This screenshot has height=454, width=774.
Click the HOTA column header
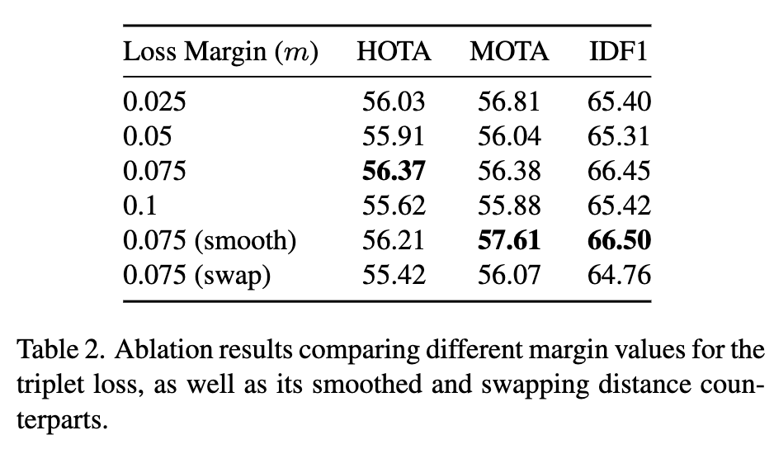point(394,52)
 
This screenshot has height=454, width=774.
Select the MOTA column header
point(508,52)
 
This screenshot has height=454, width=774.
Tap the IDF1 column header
point(619,52)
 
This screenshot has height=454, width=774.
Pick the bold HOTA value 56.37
point(394,171)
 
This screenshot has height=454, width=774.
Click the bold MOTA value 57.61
point(508,240)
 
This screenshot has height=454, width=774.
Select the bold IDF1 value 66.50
point(619,240)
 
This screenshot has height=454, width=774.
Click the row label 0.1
point(141,206)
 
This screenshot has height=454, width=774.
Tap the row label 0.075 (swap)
point(197,275)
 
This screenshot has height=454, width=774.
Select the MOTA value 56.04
point(508,136)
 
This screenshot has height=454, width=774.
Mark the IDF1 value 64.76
point(619,275)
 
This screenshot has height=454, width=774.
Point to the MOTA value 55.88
point(508,206)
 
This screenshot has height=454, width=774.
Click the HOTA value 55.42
point(394,275)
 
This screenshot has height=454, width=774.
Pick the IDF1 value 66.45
point(619,171)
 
